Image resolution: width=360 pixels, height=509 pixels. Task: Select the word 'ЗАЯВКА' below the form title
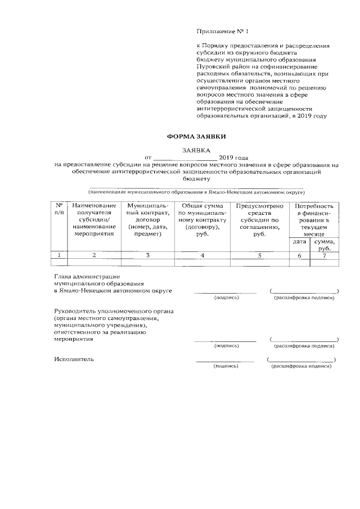pos(196,150)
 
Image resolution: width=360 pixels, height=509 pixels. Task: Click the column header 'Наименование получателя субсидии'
pos(94,220)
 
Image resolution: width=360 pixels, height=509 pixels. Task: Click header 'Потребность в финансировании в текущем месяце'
pos(313,220)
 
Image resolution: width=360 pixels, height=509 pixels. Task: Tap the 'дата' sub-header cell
pos(300,242)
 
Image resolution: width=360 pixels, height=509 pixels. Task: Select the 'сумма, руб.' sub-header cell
pos(325,245)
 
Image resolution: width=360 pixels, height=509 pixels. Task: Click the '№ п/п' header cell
pos(59,210)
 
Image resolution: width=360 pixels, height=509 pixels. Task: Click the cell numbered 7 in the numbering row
pos(325,256)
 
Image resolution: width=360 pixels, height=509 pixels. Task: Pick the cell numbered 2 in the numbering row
pos(94,256)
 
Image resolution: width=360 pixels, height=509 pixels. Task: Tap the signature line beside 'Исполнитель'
pos(226,361)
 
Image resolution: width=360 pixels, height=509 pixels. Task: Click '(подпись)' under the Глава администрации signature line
pos(226,298)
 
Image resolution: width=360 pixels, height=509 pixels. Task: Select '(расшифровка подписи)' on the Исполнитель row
pos(301,366)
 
